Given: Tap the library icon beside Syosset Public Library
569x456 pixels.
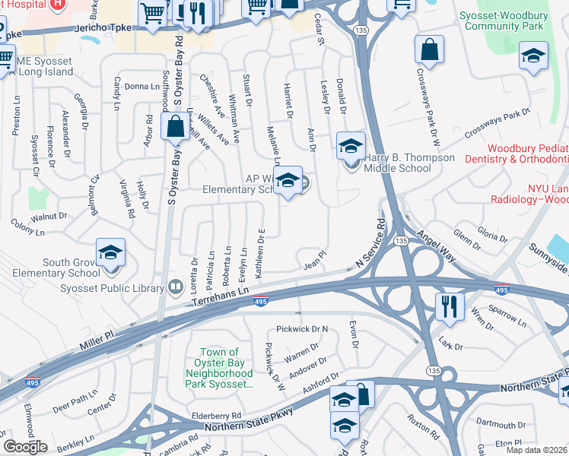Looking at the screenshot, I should pos(176,287).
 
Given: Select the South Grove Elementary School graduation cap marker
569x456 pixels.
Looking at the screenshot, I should pos(110,254).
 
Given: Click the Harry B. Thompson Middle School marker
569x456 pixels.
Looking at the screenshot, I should pos(351,146).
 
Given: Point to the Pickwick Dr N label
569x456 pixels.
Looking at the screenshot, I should pos(302,329).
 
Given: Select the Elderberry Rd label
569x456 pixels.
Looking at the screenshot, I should pos(216,416).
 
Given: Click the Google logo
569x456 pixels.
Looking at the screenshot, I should pos(25,446).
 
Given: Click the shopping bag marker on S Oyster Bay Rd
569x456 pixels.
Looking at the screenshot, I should pos(176,127).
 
